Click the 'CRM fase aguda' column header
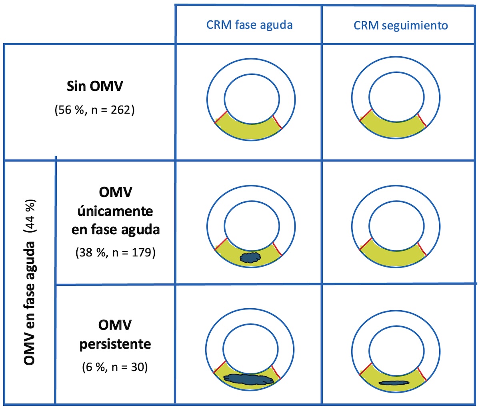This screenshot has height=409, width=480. [x=250, y=25]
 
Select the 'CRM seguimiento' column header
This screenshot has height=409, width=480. [x=400, y=26]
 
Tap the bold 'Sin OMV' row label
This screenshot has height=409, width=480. [x=95, y=86]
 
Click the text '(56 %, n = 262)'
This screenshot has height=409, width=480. [x=94, y=110]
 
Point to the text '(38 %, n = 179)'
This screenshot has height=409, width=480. [x=116, y=252]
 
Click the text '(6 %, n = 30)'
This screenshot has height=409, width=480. [x=115, y=367]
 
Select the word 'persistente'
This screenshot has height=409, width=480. [x=115, y=344]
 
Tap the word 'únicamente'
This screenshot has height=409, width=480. [x=115, y=211]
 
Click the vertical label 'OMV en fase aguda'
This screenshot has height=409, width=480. [x=30, y=303]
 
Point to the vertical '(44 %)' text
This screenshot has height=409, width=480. [x=30, y=216]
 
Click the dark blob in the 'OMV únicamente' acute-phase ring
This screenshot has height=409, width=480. [x=250, y=257]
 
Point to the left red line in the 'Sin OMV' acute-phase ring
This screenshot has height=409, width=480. [x=221, y=117]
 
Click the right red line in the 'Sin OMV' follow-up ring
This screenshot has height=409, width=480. [x=422, y=120]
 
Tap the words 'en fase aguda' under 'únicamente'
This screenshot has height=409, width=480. [x=116, y=230]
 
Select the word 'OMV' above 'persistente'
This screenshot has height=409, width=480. [x=115, y=325]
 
